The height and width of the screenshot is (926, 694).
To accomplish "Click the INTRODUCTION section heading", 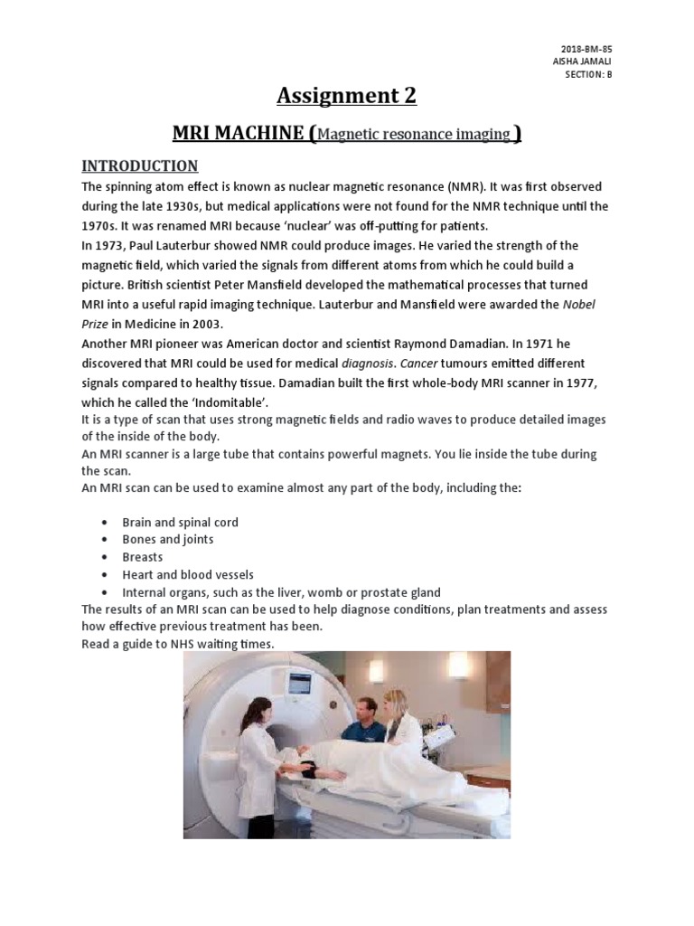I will pyautogui.click(x=139, y=165).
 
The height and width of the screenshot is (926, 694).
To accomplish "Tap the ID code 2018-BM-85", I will pyautogui.click(x=593, y=49).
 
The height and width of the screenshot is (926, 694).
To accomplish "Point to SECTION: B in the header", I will pyautogui.click(x=587, y=74).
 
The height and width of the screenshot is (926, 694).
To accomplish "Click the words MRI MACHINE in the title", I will pyautogui.click(x=238, y=134).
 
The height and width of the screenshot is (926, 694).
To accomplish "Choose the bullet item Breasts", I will pyautogui.click(x=143, y=557).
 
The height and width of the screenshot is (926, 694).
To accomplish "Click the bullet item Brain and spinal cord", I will pyautogui.click(x=181, y=523).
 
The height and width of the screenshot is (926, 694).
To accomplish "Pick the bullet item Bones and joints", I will pyautogui.click(x=168, y=540).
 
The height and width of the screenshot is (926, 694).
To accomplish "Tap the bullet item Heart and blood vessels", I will pyautogui.click(x=188, y=574).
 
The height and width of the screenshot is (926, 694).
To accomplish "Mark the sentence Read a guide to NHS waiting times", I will pyautogui.click(x=177, y=644).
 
